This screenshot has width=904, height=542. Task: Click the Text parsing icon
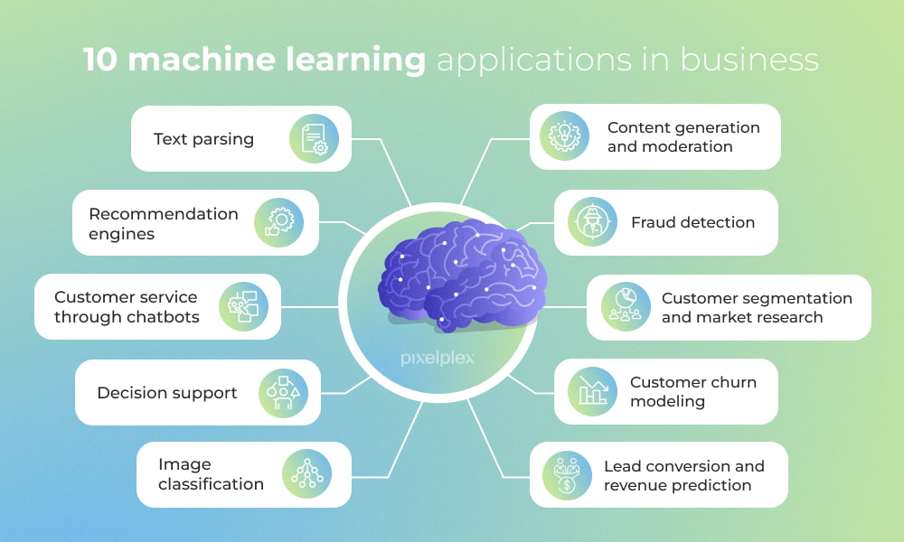(314, 138)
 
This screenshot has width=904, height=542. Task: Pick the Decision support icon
(284, 392)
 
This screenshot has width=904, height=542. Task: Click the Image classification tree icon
(306, 474)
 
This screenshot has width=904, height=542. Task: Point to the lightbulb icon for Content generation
(565, 136)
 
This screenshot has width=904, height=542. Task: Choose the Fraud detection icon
(592, 222)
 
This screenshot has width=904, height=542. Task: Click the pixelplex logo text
(437, 358)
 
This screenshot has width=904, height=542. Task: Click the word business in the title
(749, 60)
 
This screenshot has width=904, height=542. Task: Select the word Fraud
(654, 222)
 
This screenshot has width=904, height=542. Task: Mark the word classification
(211, 484)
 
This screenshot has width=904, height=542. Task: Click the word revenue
(638, 485)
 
